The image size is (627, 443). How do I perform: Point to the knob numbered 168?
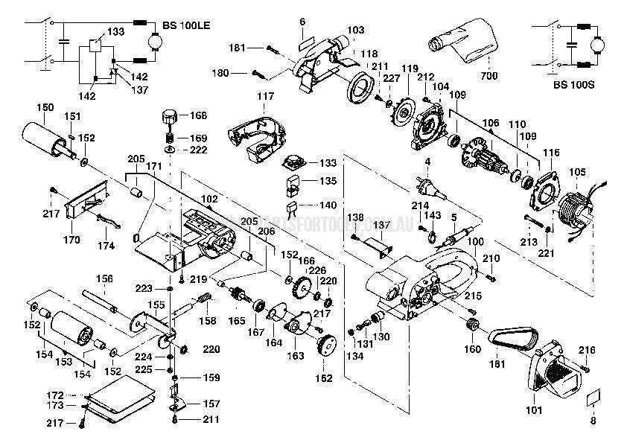(168, 118)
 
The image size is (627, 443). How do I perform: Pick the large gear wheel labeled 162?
(325, 348)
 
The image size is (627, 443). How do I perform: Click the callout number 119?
(409, 68)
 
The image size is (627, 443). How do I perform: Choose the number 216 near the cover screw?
(587, 349)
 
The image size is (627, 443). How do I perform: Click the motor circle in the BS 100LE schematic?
(158, 44)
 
